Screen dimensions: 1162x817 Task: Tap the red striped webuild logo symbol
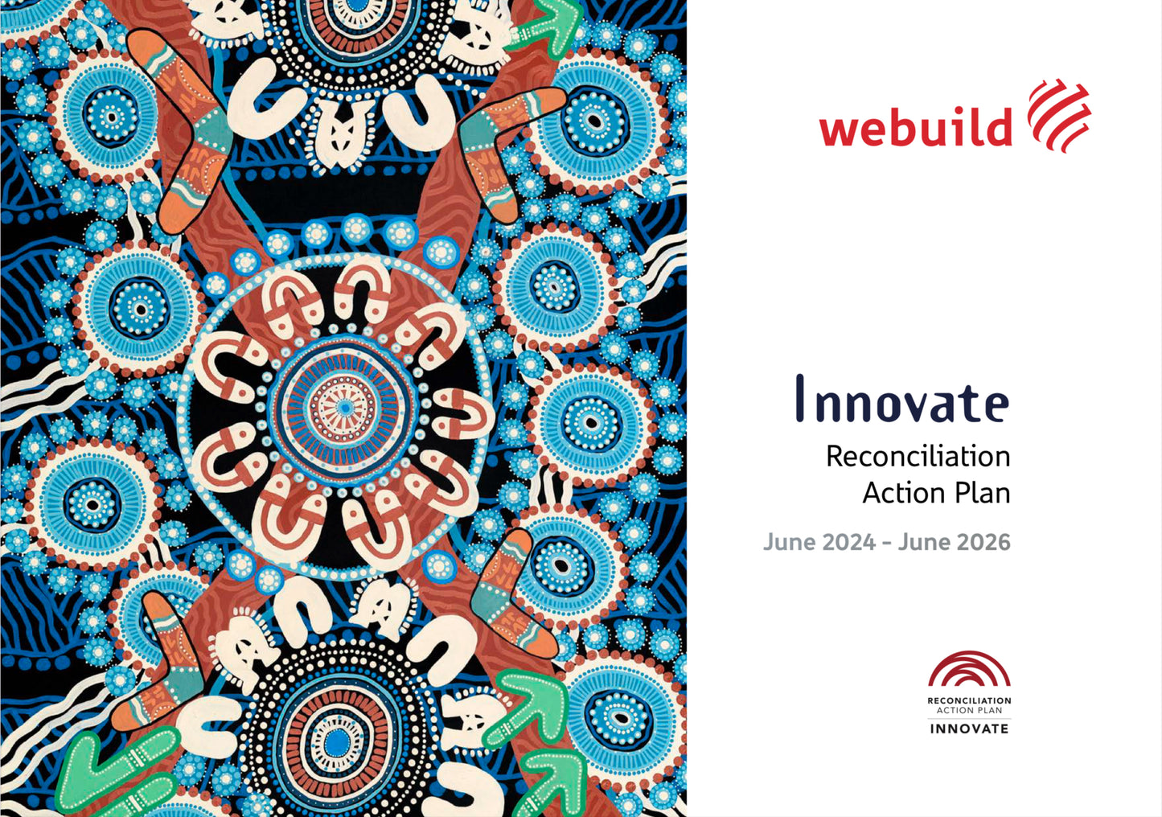coord(1059,116)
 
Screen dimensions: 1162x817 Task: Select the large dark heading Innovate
coord(902,398)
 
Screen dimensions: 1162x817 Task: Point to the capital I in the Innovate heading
coord(800,398)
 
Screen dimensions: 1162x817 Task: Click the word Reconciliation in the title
coord(918,457)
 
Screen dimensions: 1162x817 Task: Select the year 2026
coord(983,542)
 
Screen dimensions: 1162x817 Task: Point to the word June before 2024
coord(790,542)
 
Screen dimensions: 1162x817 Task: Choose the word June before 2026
coord(925,542)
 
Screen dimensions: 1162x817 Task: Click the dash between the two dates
coord(887,544)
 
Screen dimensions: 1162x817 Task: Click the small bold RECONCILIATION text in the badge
coord(969,701)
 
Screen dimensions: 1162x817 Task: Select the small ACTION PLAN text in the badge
coord(969,711)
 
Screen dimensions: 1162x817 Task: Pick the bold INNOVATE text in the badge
coord(969,729)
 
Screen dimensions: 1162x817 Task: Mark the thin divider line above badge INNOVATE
coord(969,719)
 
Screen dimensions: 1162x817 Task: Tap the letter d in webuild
coord(1000,126)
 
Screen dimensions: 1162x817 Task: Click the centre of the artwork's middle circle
coord(343,408)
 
